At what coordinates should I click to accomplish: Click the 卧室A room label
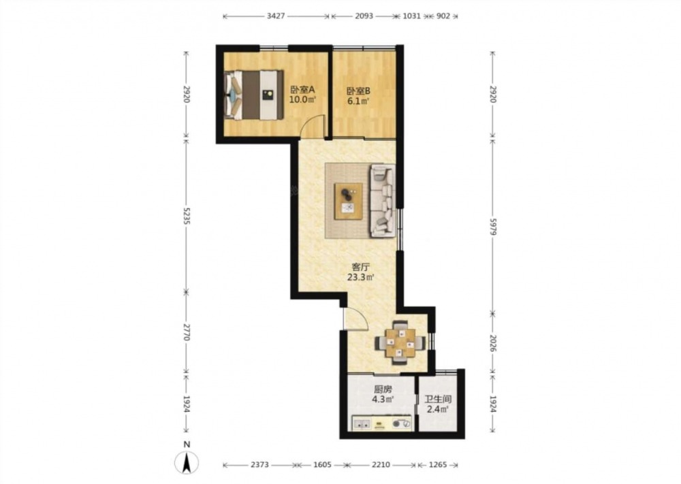coord(302,91)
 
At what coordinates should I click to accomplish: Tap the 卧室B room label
coord(358,91)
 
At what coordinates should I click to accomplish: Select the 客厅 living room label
coord(360,267)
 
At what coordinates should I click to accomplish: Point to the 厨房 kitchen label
coord(383,390)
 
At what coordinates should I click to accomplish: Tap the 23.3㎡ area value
coord(361,277)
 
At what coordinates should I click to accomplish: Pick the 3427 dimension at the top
coord(276,16)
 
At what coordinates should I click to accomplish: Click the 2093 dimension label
coord(364,16)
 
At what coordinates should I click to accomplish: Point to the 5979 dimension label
coord(493,226)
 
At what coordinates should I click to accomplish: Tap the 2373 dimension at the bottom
coord(259,465)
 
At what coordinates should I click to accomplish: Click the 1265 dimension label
coord(437,465)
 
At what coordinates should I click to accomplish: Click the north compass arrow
coord(187,463)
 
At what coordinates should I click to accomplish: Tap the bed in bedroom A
coord(254,95)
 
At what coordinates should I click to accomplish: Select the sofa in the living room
coord(383,201)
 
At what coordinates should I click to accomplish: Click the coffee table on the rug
coord(348,201)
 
